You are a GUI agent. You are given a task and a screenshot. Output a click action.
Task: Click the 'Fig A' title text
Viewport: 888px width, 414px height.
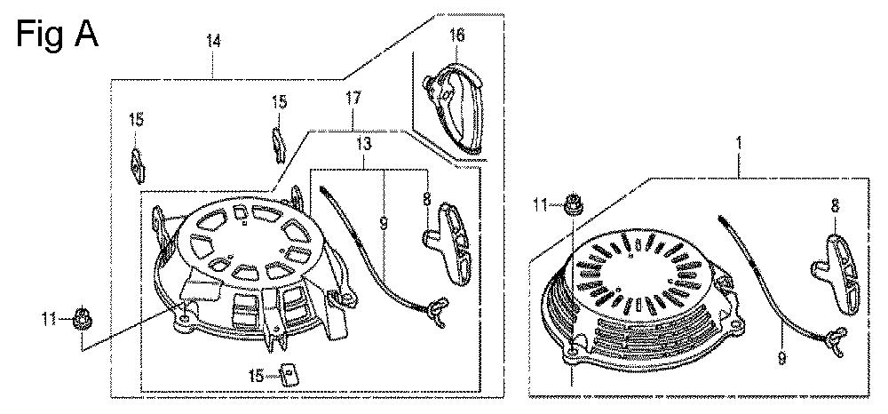click(57, 34)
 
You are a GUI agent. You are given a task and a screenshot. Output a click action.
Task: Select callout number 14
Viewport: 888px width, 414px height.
click(213, 42)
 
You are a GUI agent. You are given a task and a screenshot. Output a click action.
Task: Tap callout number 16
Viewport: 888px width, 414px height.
click(456, 36)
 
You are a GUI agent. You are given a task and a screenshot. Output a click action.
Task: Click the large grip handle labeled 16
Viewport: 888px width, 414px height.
click(454, 107)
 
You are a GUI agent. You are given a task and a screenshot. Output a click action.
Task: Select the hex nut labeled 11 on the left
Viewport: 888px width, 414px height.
click(83, 320)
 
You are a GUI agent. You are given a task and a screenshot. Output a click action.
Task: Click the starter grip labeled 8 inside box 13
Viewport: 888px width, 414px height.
click(448, 242)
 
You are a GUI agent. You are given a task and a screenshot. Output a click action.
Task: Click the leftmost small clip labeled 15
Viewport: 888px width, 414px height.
click(138, 166)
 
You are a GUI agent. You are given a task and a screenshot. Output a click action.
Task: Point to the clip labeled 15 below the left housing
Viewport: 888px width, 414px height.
click(290, 374)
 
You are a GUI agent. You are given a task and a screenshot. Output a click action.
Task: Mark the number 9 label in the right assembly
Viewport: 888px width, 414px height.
click(782, 357)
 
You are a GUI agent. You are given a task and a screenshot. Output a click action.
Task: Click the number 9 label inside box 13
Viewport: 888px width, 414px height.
click(384, 223)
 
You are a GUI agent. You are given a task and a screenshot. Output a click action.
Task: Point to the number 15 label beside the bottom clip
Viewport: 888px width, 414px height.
click(258, 375)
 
